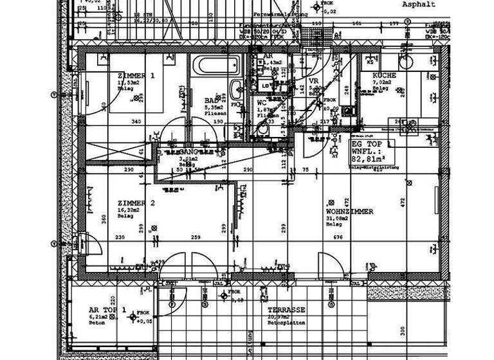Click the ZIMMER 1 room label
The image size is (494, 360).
tap(136, 75)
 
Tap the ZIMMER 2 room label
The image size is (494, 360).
tap(136, 203)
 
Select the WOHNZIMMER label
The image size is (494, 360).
tap(349, 212)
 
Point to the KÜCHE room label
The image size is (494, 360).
tap(384, 75)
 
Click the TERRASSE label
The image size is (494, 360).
tap(286, 310)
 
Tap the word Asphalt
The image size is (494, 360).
tap(419, 4)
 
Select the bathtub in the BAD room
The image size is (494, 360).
tap(216, 66)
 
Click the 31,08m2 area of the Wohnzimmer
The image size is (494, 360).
tap(339, 219)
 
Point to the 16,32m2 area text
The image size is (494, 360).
tap(131, 210)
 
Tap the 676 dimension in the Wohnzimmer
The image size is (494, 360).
tap(338, 237)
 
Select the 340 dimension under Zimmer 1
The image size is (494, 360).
tap(136, 122)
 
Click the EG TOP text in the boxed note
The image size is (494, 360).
tap(364, 145)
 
